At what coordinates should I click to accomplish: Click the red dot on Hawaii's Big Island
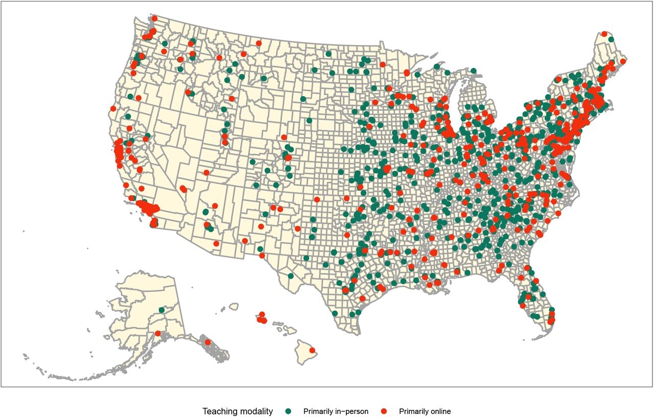(312, 351)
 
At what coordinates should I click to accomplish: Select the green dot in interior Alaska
(161, 310)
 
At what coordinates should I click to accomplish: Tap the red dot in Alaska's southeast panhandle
(207, 342)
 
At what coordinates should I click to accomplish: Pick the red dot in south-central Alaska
(157, 334)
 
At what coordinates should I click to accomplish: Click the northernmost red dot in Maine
(604, 34)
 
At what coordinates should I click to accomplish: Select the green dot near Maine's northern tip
(611, 39)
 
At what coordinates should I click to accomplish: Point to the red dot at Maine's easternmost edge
(623, 61)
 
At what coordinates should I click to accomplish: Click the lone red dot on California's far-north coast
(113, 108)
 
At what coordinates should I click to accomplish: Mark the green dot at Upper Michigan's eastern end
(474, 71)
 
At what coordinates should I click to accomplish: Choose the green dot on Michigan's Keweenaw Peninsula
(437, 66)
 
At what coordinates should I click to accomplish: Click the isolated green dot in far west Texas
(290, 276)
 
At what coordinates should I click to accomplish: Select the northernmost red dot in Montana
(259, 43)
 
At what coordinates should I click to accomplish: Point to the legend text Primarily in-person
(335, 411)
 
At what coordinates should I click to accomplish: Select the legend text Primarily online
(425, 411)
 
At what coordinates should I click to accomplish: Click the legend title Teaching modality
(238, 411)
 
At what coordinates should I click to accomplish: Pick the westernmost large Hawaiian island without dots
(234, 306)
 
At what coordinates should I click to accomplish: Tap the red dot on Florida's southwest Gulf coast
(522, 306)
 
